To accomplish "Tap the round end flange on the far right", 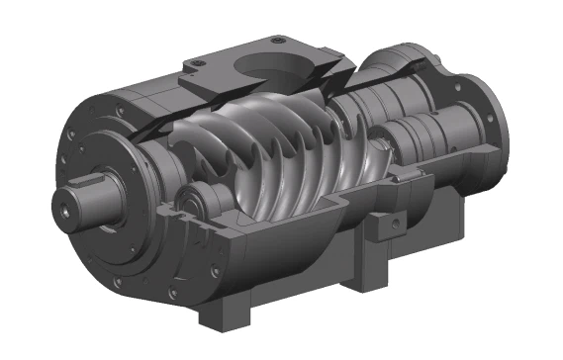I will [x=488, y=109].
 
